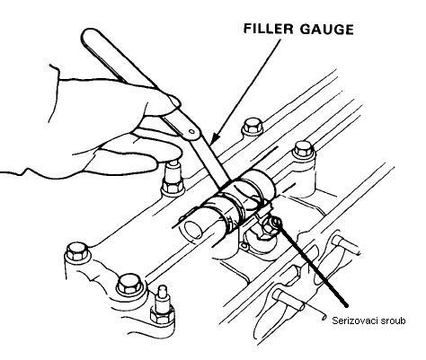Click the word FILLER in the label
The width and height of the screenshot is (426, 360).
(x=268, y=29)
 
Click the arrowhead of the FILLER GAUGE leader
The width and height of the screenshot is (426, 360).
(x=216, y=138)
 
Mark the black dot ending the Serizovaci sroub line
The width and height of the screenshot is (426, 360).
(x=346, y=305)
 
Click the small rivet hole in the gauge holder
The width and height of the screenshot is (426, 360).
(x=191, y=131)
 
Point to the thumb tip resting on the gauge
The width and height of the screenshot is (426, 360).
(x=174, y=101)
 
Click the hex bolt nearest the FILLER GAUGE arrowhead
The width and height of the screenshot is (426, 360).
(x=253, y=127)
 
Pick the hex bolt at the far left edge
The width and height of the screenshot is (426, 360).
(x=76, y=251)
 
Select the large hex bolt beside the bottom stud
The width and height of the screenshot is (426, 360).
(x=129, y=285)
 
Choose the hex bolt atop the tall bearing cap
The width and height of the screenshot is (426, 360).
(x=304, y=150)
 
